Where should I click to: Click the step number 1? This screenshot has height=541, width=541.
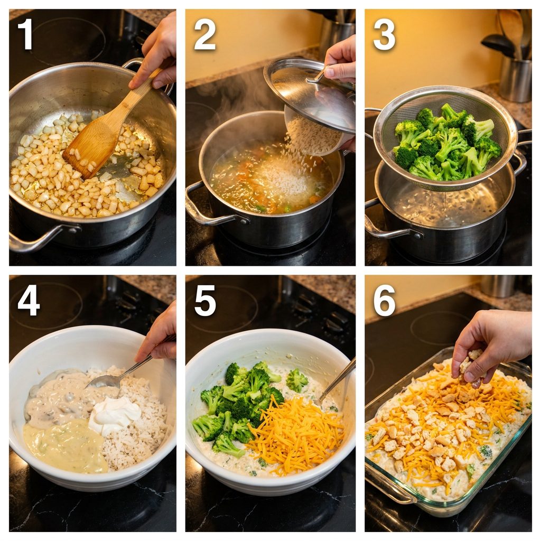tap(25, 34)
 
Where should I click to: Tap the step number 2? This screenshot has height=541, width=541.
tap(204, 34)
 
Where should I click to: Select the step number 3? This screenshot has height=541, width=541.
tap(384, 34)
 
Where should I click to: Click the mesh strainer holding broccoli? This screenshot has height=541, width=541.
tap(445, 138)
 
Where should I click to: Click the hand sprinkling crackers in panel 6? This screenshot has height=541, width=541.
tap(490, 342)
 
